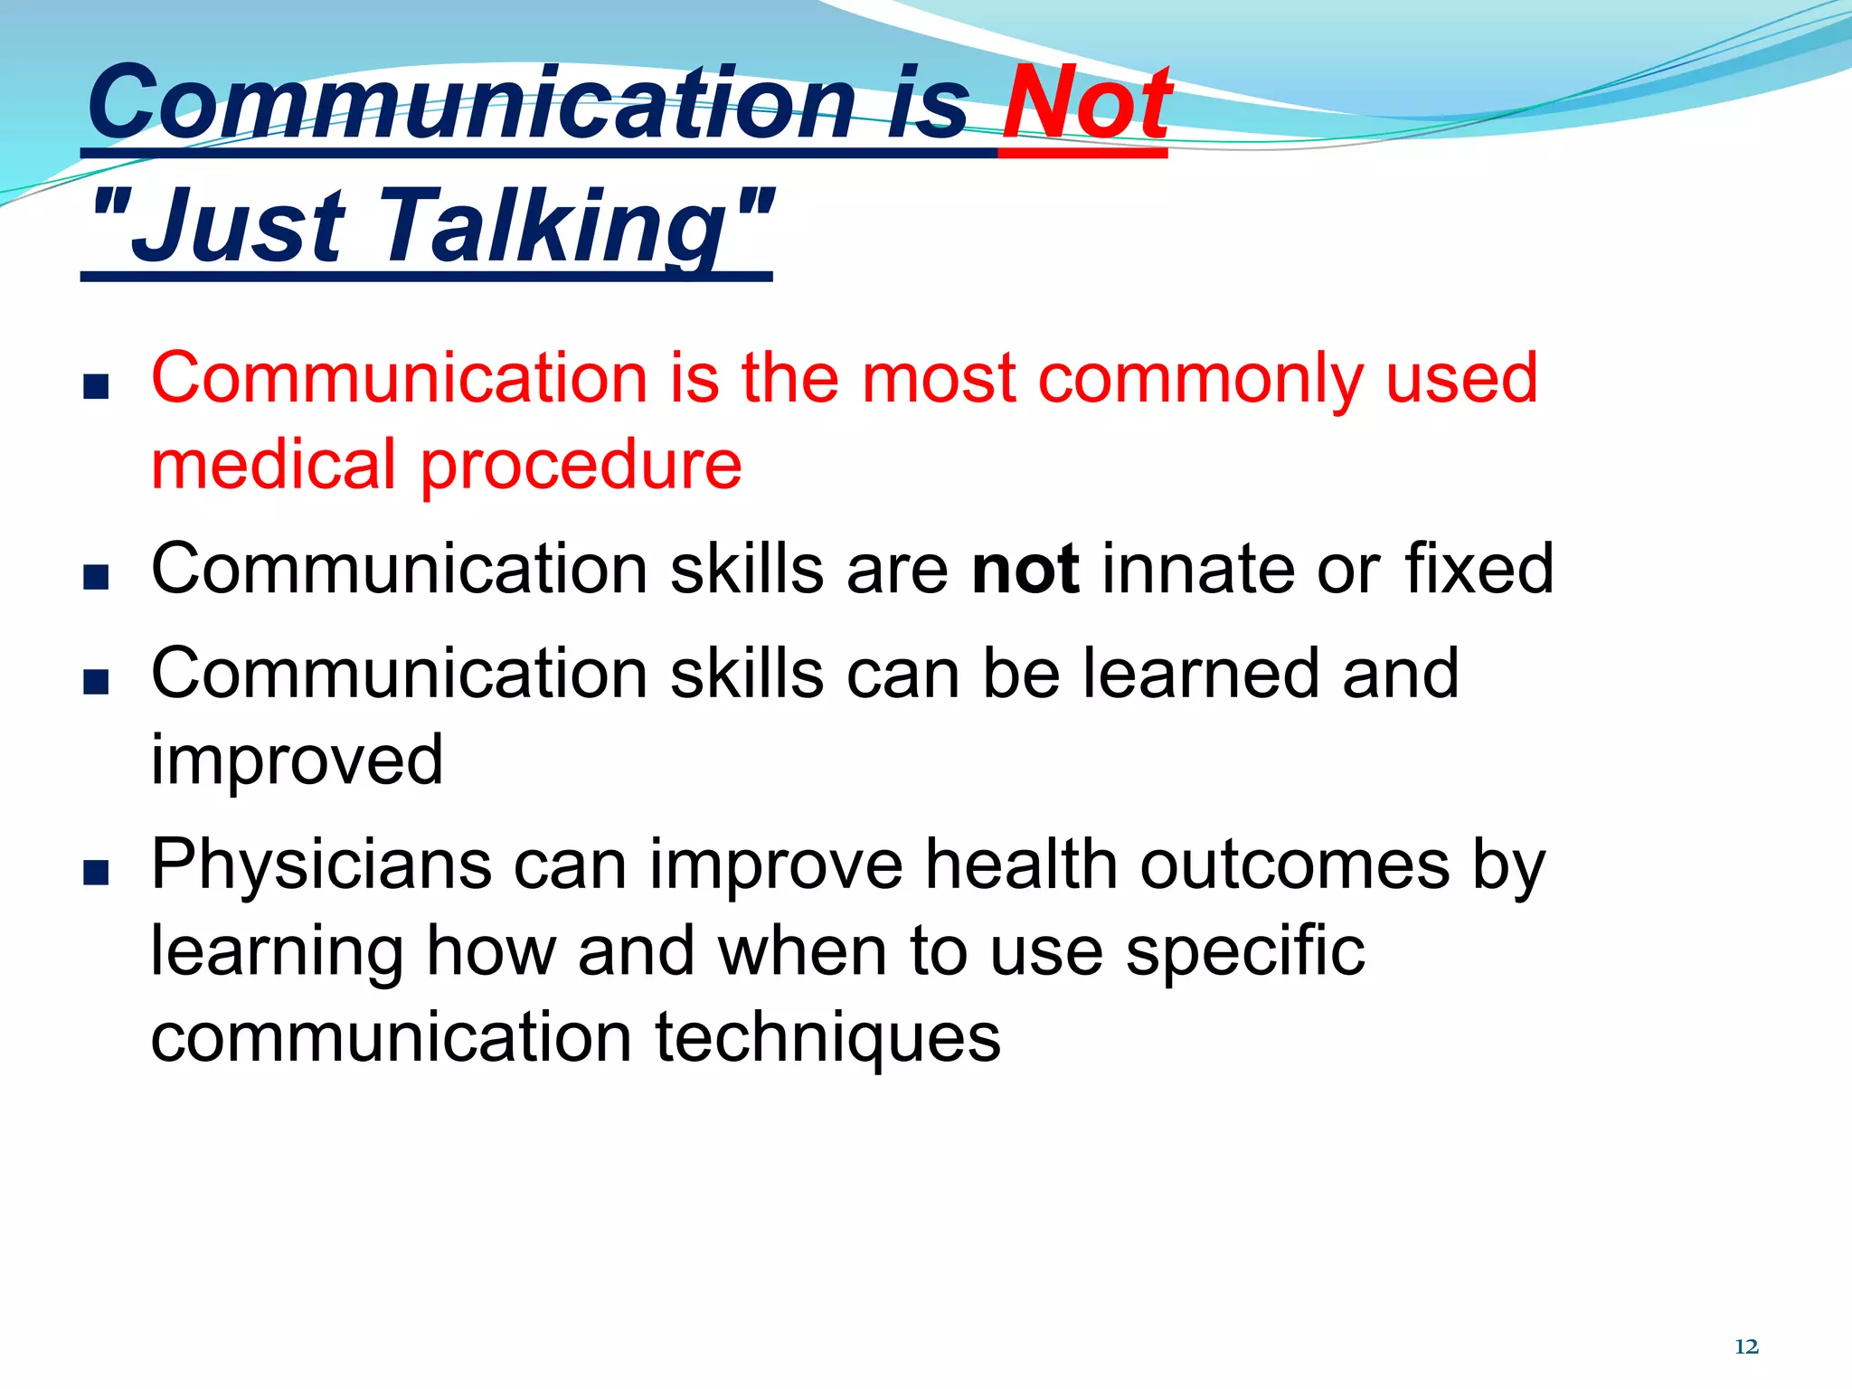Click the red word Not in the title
(1085, 104)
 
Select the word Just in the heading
(240, 226)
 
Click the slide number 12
(1746, 1346)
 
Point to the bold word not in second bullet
(1025, 570)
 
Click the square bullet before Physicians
(96, 873)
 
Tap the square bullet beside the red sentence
(96, 387)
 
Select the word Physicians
(321, 866)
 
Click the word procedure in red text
(581, 466)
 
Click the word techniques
(827, 1038)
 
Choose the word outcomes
(1295, 866)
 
